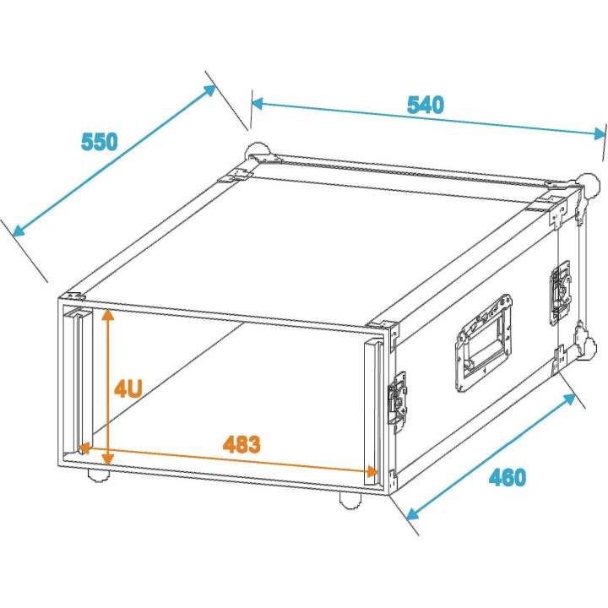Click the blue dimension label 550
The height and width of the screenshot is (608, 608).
coord(100,142)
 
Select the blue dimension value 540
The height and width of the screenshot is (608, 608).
coord(426,106)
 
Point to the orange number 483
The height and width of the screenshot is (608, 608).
coord(242,443)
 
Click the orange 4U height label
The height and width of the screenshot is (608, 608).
coord(128,388)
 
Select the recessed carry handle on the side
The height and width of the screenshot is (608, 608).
coord(484,343)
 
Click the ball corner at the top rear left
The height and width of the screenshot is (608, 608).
coord(257,155)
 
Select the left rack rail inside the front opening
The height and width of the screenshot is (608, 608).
coord(81,380)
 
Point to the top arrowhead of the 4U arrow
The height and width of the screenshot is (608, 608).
coord(107,315)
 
